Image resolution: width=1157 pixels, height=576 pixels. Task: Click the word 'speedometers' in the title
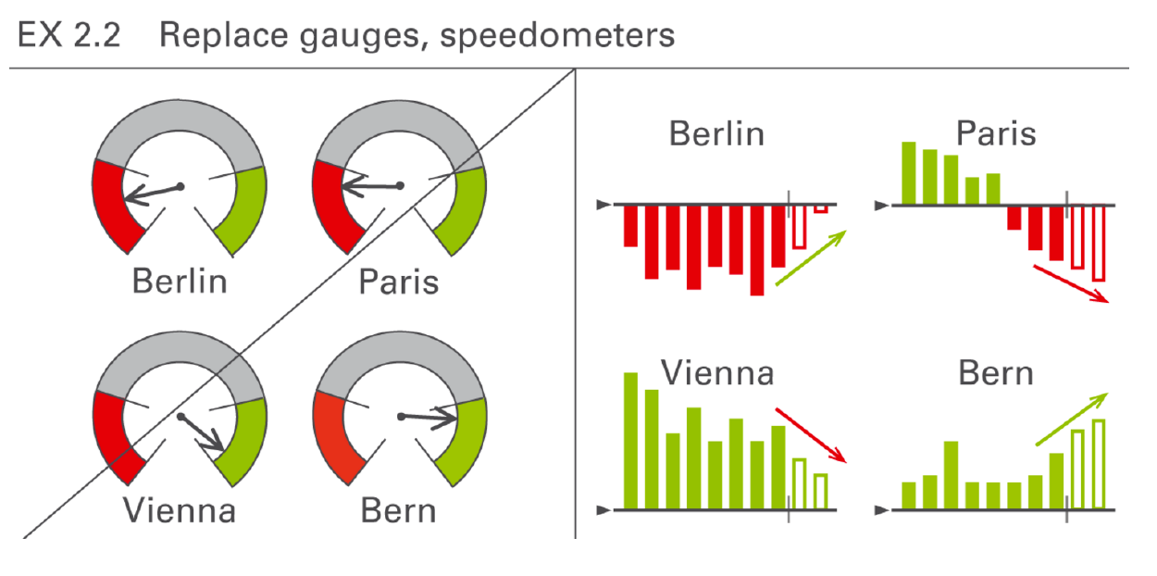[557, 36]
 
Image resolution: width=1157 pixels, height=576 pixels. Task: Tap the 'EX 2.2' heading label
[69, 35]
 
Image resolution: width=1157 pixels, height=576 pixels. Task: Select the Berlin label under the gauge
[180, 282]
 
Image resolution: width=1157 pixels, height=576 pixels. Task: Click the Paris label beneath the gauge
[399, 282]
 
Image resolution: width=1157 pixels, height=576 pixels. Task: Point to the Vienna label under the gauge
[180, 510]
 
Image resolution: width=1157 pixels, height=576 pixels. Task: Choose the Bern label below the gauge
[398, 511]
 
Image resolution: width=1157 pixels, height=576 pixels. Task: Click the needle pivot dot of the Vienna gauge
[180, 417]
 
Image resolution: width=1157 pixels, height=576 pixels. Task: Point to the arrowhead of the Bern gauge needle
[446, 419]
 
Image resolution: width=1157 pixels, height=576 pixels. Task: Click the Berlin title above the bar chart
[716, 133]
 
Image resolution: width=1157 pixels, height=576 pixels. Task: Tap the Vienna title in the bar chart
[717, 373]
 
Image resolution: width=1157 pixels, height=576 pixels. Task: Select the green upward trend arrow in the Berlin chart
[811, 257]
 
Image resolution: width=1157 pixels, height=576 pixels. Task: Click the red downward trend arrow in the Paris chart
[1071, 284]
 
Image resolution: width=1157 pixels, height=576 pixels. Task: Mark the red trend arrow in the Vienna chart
[811, 435]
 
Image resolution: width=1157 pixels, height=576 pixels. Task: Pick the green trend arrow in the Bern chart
[1072, 419]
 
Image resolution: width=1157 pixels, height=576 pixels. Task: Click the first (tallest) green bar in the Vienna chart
[630, 441]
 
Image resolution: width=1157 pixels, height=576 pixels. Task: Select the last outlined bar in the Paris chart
[1099, 244]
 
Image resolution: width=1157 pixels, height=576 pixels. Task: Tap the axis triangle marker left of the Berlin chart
[603, 205]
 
